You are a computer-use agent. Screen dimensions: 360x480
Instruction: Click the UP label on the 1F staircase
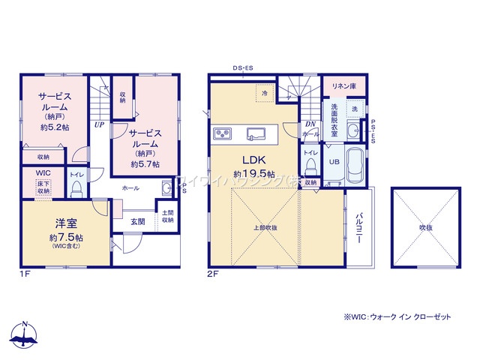click(x=99, y=125)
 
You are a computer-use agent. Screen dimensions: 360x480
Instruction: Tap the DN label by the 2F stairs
click(x=309, y=124)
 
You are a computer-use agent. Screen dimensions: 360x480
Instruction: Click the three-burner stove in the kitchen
click(x=223, y=133)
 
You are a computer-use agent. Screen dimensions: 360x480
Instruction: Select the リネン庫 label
click(x=344, y=86)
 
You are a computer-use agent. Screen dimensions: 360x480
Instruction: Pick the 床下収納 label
click(x=43, y=188)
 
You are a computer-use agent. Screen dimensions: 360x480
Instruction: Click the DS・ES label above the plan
click(x=242, y=68)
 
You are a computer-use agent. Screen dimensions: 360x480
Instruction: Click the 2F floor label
click(x=213, y=274)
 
